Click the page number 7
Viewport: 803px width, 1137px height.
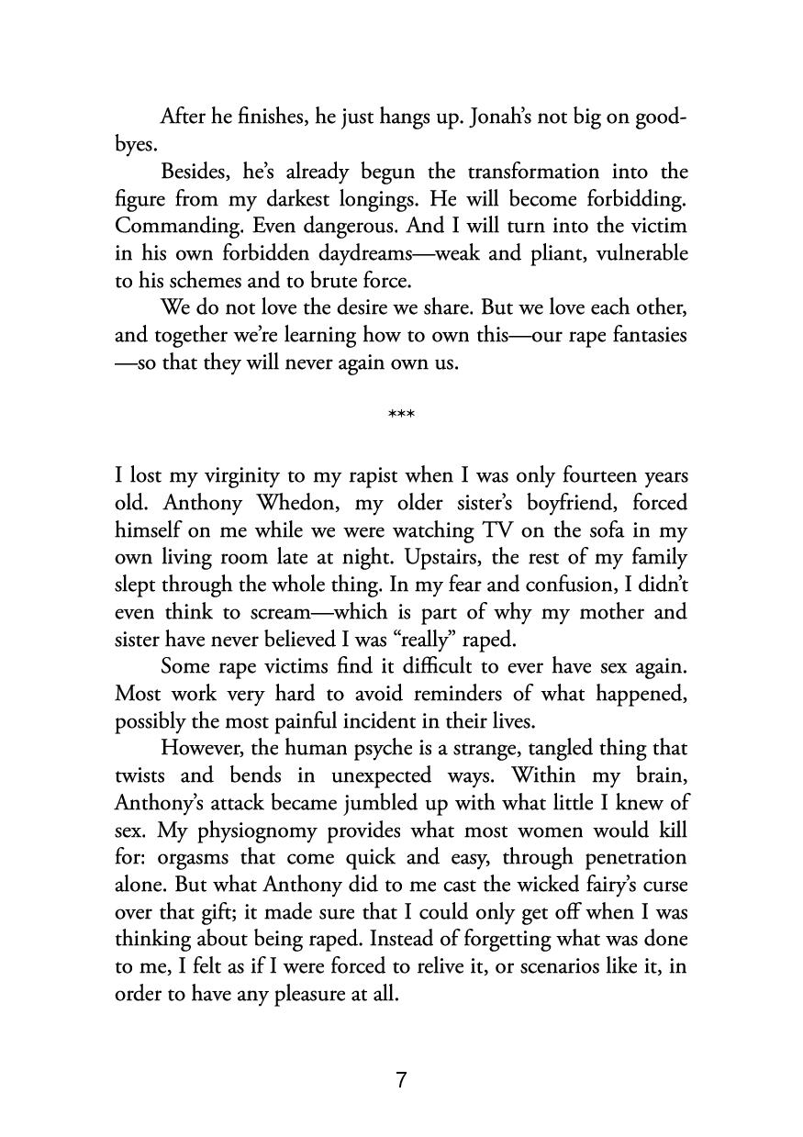coord(401,1080)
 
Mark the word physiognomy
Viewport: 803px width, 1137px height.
coord(239,830)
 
